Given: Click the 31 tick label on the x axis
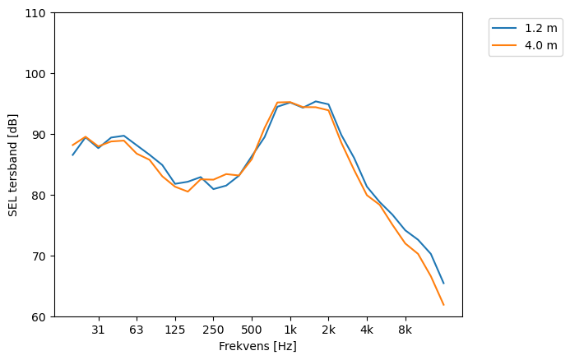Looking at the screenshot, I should (x=98, y=330).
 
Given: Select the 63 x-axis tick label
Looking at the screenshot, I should (x=137, y=330).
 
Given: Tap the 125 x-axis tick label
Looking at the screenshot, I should (x=174, y=330).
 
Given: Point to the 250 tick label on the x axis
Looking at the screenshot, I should (x=213, y=330).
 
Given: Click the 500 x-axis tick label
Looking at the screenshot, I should (x=252, y=330).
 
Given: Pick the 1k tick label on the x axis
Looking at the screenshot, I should (x=290, y=330).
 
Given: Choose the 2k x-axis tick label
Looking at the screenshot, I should (x=328, y=330).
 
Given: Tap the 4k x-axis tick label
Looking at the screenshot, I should (x=367, y=330).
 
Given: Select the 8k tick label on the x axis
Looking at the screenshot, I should (x=405, y=330).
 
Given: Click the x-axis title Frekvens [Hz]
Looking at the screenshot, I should (x=257, y=347).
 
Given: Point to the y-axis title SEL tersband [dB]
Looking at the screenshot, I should (x=13, y=165).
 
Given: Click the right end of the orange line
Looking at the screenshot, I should (x=443, y=305).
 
